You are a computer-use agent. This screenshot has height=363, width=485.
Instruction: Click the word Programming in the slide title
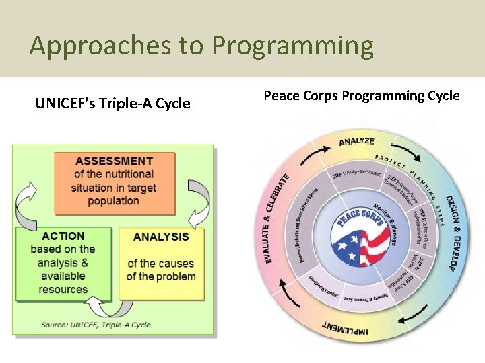point(292,46)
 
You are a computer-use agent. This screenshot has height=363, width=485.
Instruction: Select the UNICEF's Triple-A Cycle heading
point(112,104)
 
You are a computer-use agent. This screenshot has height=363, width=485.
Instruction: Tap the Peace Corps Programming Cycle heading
point(361,95)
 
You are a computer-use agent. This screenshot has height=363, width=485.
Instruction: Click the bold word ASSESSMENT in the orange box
point(114,161)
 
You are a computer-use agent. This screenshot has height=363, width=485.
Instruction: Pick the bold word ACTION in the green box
point(63,236)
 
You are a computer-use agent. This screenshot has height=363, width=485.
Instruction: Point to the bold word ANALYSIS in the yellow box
point(161,237)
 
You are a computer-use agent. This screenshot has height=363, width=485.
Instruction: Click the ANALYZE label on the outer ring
point(356,142)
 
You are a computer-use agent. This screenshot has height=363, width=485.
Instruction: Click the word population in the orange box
point(113,201)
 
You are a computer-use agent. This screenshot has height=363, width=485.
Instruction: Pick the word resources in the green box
point(63,290)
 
